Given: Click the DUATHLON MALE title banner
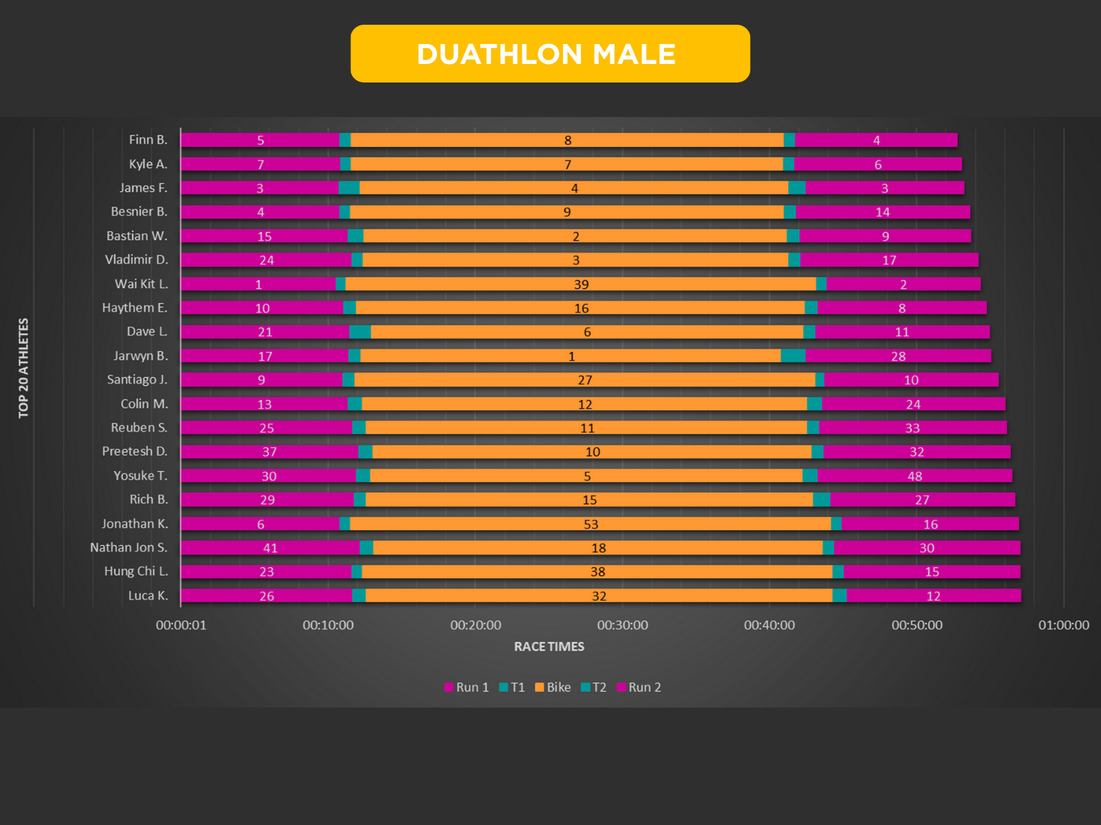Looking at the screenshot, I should coord(550,54).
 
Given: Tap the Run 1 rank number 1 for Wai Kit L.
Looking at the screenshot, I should coord(259,284).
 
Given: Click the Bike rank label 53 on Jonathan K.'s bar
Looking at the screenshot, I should coord(590,524).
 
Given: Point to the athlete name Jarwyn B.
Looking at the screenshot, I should coord(140,355).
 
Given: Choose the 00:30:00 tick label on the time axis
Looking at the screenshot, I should coord(622,625).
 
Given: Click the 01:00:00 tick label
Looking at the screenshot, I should coord(1063,625).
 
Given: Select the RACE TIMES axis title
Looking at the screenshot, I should coord(549,646).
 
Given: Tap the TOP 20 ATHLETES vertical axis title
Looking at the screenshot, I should coord(24,368).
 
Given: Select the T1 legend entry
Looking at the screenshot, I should coord(512,687).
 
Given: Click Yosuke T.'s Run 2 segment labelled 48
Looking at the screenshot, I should coord(915,476).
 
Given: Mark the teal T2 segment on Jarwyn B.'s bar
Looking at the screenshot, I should coord(793,355).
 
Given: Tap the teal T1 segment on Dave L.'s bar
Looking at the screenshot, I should coord(360,332).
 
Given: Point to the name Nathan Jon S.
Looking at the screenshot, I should coord(129,547).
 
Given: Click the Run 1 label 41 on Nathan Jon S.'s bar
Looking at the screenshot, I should coord(270,548).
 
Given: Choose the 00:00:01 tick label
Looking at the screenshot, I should coord(181,625).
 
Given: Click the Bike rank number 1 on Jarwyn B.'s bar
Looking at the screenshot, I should coord(571,356).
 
